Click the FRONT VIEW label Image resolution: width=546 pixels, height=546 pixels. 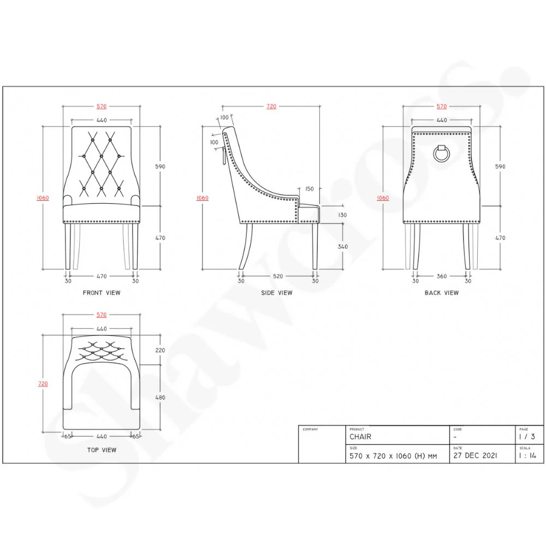click(x=102, y=293)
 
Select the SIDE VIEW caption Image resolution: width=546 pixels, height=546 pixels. click(x=277, y=293)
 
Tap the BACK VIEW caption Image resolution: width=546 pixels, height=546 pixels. click(x=442, y=293)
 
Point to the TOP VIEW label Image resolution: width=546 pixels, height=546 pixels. click(x=102, y=450)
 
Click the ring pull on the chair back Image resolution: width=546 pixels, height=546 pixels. click(x=441, y=153)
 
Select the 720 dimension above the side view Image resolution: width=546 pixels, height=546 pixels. click(x=271, y=106)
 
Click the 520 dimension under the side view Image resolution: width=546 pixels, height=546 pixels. click(x=277, y=276)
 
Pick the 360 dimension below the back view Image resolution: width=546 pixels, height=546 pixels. click(x=442, y=276)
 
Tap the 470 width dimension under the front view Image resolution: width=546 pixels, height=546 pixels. click(x=102, y=276)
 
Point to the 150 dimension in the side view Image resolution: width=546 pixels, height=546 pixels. click(x=310, y=189)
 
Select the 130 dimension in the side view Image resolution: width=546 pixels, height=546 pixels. click(x=342, y=215)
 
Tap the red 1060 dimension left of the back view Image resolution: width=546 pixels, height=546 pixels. click(x=383, y=198)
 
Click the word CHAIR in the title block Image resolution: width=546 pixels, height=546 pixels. click(x=360, y=437)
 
